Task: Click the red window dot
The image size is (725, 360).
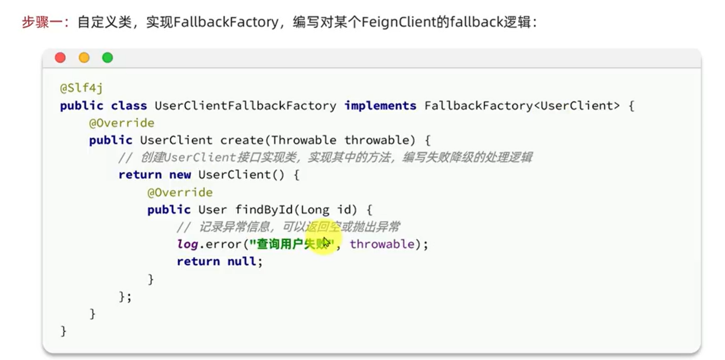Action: click(x=60, y=58)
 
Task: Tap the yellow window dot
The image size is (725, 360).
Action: click(x=84, y=58)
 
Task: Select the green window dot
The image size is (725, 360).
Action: click(x=107, y=58)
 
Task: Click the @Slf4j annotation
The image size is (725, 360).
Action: click(x=81, y=88)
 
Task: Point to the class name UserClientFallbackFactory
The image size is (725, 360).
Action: click(x=245, y=105)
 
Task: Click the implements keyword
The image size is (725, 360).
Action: click(x=380, y=105)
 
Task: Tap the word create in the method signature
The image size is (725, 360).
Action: click(x=242, y=140)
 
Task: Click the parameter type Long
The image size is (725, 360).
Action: click(x=314, y=209)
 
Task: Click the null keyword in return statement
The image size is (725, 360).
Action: click(x=242, y=261)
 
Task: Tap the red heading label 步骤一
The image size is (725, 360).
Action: click(x=42, y=22)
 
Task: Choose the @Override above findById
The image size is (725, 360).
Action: click(x=180, y=192)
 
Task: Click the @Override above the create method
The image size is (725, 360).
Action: click(x=121, y=123)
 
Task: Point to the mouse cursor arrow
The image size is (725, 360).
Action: click(x=326, y=243)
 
